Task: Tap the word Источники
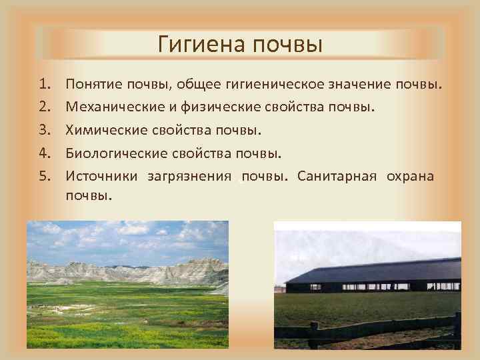[x=102, y=176]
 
